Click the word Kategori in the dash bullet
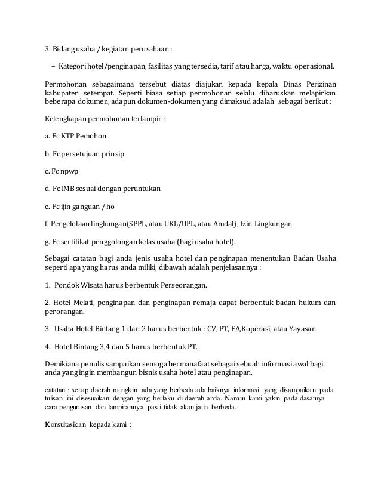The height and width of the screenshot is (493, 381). [74, 65]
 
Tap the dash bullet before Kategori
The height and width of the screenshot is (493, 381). [53, 65]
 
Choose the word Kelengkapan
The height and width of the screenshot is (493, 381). [69, 119]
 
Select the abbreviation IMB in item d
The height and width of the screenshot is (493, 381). [67, 189]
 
